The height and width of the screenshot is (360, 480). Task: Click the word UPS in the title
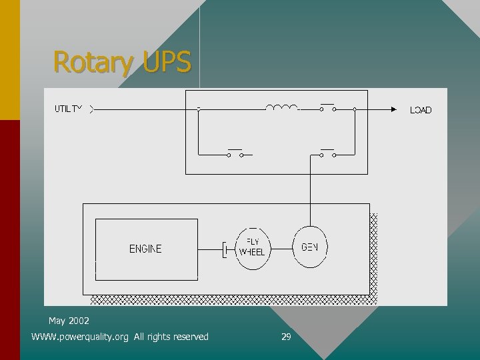coord(167,63)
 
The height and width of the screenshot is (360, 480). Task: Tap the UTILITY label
coord(69,109)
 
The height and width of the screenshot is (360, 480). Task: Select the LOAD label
coord(421,110)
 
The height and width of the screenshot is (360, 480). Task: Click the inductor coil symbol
coord(281,107)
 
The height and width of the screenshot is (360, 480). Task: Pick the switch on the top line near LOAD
coord(327,107)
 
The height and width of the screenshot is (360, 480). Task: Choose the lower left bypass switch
coord(235,153)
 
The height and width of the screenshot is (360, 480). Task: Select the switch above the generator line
coord(327,153)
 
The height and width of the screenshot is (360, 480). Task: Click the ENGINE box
coord(146,248)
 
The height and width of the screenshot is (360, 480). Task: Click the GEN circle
coord(310,247)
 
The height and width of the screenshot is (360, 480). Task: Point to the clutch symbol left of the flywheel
coord(226,249)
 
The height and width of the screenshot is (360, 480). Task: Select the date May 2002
coord(69,321)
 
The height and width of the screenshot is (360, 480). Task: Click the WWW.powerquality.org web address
coord(80,337)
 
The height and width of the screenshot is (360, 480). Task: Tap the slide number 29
coord(286,337)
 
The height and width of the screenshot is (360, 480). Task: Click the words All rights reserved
coord(171,337)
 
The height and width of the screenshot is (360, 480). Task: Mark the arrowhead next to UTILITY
coord(91,109)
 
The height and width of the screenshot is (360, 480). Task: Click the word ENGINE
coord(145,249)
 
